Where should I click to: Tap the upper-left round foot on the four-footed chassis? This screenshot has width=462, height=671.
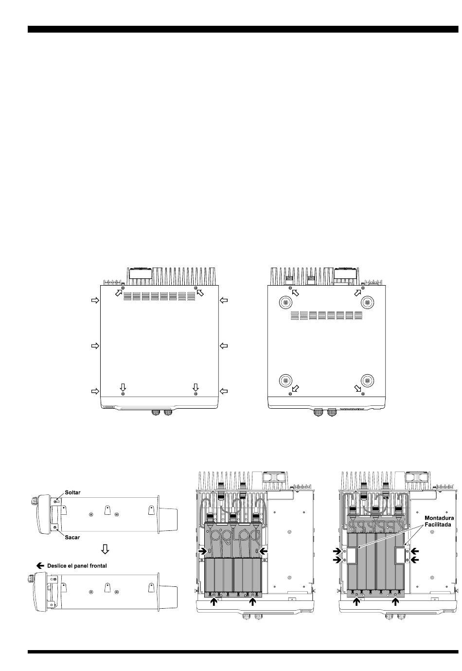285,303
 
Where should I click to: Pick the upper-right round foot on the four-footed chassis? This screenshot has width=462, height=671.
367,303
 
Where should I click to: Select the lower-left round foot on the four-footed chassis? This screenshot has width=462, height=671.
285,381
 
